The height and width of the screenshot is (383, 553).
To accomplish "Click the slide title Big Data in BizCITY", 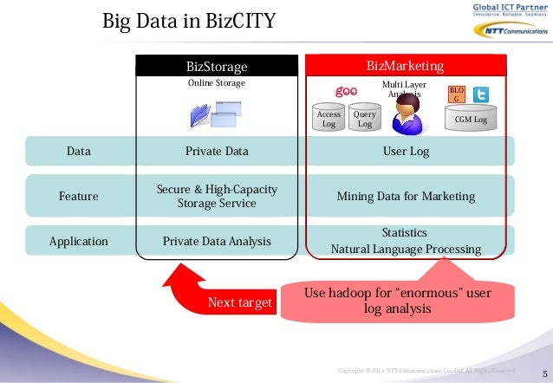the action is pos(188,20).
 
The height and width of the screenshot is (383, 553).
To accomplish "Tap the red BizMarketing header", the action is pos(405,66).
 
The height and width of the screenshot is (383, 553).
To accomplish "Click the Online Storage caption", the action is pos(217,83).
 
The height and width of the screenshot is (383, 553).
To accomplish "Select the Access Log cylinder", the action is pos(329,120).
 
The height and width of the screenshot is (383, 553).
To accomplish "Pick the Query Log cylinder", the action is pos(364,120).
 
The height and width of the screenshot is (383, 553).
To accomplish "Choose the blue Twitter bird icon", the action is pos(480,95).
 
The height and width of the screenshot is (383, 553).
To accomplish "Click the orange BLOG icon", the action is pos(456,94).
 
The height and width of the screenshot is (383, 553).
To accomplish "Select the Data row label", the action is pos(79,152).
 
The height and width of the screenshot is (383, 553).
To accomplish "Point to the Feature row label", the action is pos(79,197).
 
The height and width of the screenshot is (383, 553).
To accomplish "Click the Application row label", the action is pos(79,242).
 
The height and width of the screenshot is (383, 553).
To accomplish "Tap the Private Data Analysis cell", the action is pos(217,242).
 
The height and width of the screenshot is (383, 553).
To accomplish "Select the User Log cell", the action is pos(406,152).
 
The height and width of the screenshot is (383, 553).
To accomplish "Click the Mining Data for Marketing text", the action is pos(406,197).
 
